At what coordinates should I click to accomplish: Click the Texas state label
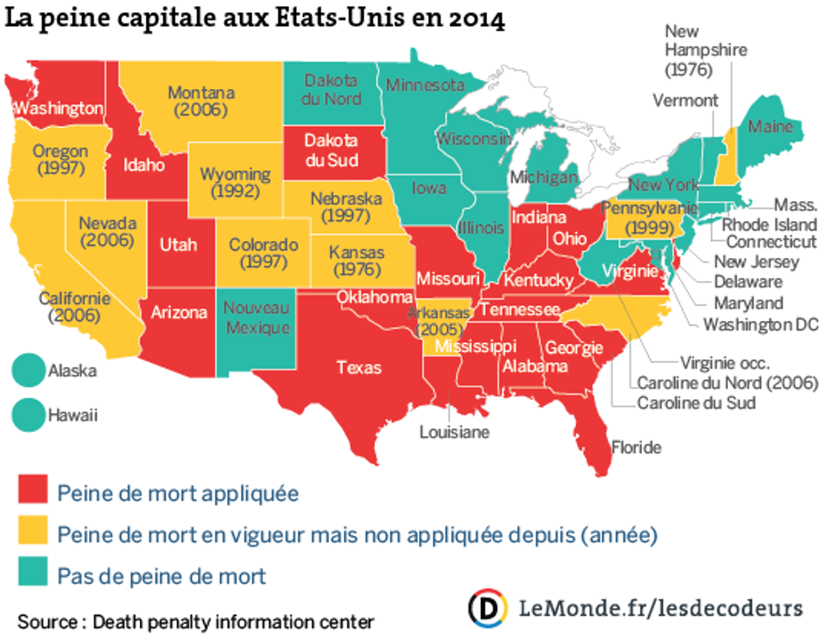coord(359,368)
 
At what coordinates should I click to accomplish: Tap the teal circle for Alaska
coord(28,370)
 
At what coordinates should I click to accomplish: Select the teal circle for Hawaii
coord(28,414)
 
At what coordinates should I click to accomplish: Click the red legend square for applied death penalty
coord(33,489)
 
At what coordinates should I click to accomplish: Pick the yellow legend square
coord(33,530)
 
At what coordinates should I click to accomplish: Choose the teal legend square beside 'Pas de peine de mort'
coord(33,571)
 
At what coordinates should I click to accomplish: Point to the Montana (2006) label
coord(201,101)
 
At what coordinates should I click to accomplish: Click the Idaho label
coord(143,165)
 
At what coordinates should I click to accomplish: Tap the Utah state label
coord(178,245)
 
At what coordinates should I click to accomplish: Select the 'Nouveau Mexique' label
coord(257,317)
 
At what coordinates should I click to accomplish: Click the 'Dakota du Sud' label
coord(331,150)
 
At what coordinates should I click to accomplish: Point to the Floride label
coord(636,447)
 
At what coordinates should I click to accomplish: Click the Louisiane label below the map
coord(454,432)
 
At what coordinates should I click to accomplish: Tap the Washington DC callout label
coord(760,325)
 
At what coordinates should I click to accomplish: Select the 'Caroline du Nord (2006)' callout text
coord(727,383)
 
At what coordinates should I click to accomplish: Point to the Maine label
coord(770,127)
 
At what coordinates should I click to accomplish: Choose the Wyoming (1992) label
coord(235,182)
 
